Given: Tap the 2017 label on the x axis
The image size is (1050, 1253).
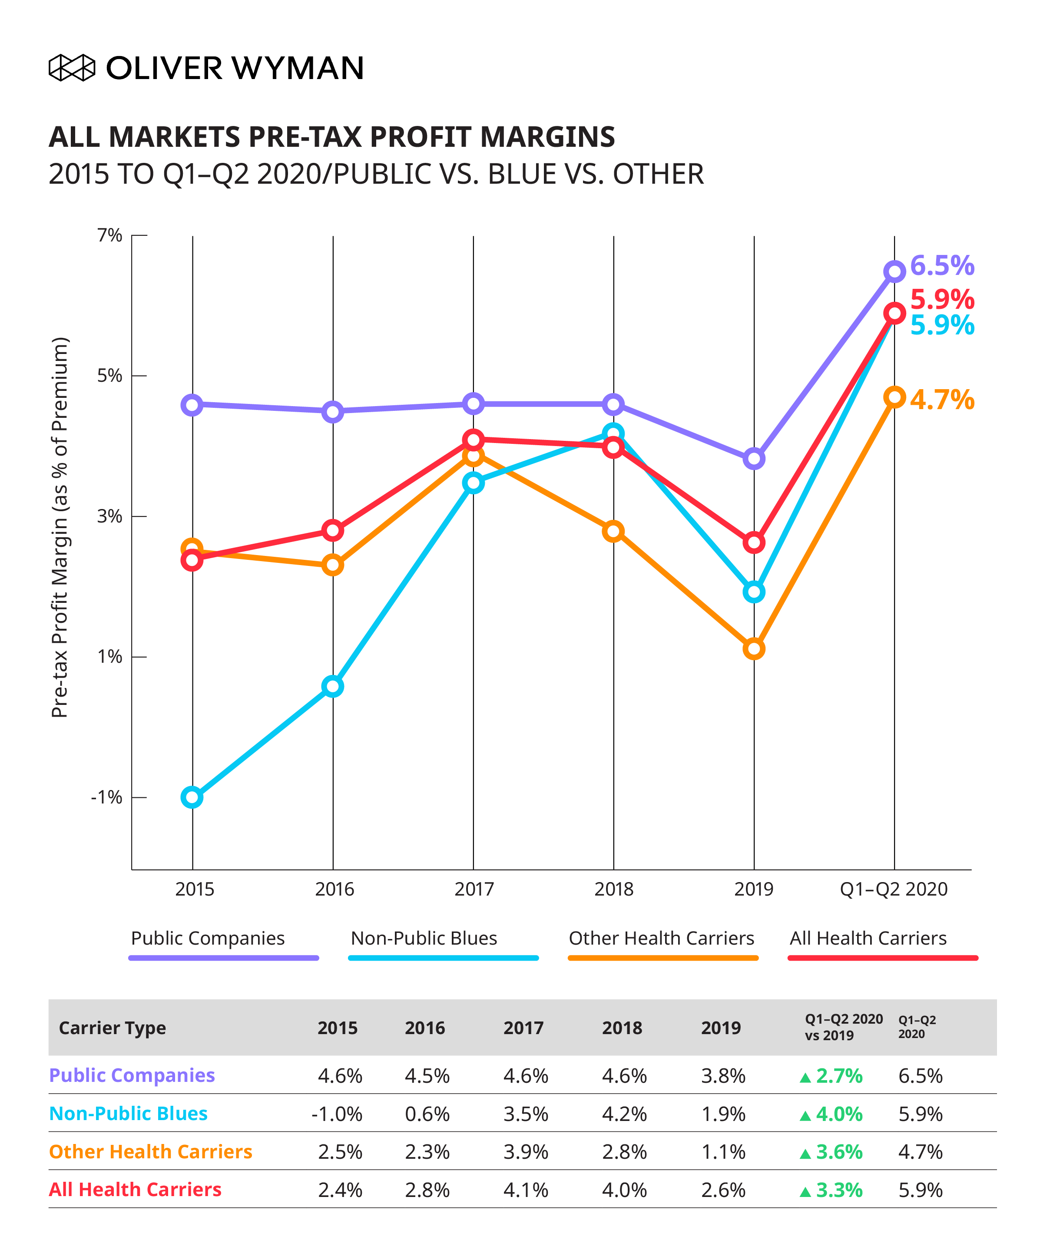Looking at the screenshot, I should click(x=474, y=889).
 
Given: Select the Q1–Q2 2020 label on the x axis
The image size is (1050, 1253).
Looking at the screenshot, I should click(x=894, y=889).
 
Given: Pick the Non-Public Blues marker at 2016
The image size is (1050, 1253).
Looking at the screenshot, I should click(x=332, y=686).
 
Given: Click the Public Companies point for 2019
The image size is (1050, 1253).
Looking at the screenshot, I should click(x=754, y=459).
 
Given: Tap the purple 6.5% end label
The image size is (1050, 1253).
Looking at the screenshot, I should click(x=942, y=265).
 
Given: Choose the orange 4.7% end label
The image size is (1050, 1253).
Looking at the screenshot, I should click(x=942, y=400).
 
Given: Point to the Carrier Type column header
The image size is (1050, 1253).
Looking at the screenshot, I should click(x=112, y=1028).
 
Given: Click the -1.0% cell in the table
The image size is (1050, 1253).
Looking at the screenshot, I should click(x=337, y=1114).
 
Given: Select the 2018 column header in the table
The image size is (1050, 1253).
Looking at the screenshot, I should click(x=622, y=1028).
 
